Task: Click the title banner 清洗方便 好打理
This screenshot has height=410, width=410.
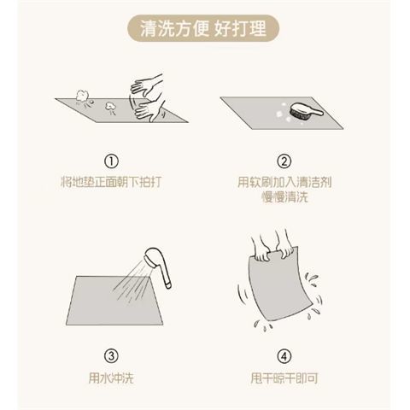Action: coord(203,28)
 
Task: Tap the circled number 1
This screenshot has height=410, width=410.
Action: coord(111,161)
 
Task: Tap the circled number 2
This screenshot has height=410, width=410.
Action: coord(284,161)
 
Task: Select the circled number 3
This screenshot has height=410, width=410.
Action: coord(111,356)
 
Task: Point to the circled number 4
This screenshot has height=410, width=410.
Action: coord(284,356)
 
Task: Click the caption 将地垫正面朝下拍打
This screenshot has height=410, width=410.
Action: coord(111,182)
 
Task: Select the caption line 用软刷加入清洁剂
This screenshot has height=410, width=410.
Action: coord(284,182)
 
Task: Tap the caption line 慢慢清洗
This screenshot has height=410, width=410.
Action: coord(284,197)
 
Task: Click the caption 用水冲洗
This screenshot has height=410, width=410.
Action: coord(111,378)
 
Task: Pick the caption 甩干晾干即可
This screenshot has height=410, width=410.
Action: coord(284,378)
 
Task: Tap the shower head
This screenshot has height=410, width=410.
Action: coord(153,257)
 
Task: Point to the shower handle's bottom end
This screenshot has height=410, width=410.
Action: coord(168,285)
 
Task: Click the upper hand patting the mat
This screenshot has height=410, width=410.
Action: coord(147,85)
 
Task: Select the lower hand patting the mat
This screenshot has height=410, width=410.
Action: coord(149,110)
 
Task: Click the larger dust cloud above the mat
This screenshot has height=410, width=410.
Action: coord(82,96)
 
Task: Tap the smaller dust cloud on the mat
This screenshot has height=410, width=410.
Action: coord(110,106)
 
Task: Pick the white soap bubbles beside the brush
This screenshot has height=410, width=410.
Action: coord(283,113)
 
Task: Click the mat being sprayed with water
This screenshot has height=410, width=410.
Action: coord(114,301)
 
